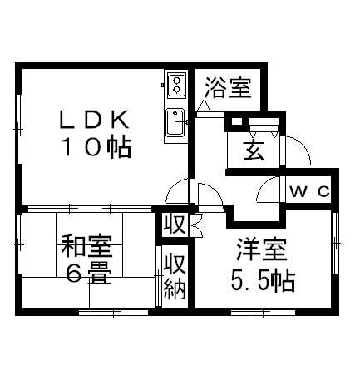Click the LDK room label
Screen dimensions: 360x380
pos(95,120)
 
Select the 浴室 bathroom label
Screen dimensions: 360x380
pos(229,88)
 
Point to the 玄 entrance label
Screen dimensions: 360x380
pos(254,151)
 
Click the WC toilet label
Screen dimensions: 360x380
pos(309,191)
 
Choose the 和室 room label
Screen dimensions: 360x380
pos(86,246)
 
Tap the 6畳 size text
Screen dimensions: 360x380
pos(88,273)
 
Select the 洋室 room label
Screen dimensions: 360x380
pos(262,249)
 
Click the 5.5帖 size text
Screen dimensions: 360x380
pos(263,280)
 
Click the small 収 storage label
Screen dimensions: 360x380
pos(175,224)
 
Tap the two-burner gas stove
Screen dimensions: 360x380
pos(176,85)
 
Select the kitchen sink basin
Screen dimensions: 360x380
pos(175,122)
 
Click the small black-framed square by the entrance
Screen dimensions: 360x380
pos(237,121)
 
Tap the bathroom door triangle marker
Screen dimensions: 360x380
pos(205,106)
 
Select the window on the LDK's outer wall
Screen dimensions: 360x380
pos(19,130)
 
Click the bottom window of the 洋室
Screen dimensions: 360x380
pos(264,313)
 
